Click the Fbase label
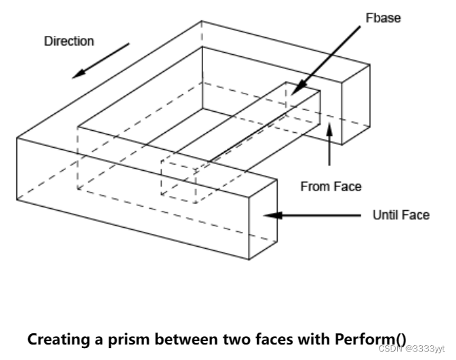[383, 18]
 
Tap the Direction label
[69, 41]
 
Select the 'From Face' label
[330, 186]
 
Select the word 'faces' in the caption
[272, 340]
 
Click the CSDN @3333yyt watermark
[411, 349]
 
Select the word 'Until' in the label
[385, 214]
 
